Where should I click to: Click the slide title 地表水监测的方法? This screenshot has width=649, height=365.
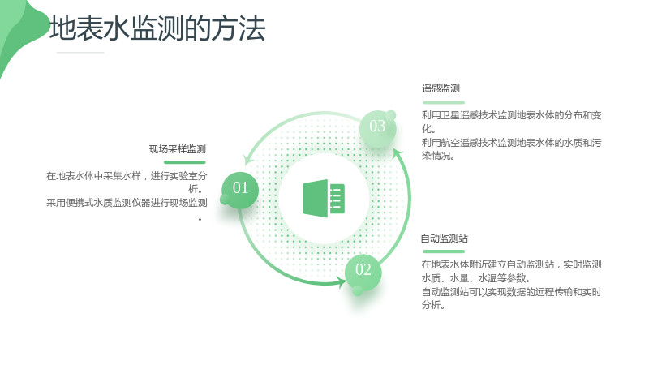157,28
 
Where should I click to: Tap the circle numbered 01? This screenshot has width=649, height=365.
240,190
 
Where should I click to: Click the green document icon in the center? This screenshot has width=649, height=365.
324,198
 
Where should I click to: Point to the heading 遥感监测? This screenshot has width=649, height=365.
441,88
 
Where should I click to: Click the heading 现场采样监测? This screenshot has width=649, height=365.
178,149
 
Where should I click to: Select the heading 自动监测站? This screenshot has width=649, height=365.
445,238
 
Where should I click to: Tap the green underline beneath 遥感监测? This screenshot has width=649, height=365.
444,102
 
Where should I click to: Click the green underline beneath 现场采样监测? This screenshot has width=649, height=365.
185,162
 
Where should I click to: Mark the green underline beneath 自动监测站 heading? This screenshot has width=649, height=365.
444,251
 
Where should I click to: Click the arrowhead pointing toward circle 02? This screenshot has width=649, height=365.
342,282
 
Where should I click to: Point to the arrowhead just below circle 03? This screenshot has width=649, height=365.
398,153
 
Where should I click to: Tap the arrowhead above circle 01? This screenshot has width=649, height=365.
248,160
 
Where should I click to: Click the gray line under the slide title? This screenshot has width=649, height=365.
80,53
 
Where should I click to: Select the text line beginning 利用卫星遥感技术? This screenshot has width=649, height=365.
512,115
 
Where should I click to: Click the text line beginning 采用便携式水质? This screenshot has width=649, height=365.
127,203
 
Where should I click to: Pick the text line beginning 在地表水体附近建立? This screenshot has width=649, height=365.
512,264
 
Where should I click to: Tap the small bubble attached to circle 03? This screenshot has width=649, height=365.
391,115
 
